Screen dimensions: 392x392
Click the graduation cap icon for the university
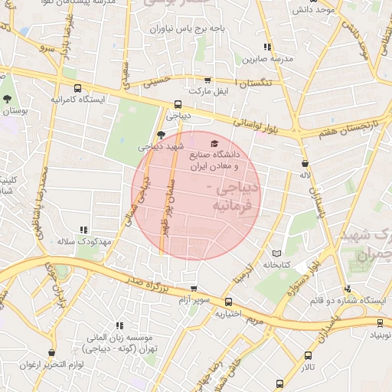213,143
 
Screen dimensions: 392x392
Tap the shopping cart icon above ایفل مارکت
207,80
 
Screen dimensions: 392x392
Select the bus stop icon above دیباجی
178,105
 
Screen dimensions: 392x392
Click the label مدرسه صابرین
264,58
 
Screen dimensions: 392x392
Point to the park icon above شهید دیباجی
160,134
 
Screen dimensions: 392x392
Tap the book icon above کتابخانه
276,253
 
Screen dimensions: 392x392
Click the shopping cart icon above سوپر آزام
194,289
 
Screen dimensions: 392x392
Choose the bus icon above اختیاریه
228,302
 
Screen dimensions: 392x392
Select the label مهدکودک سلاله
84,241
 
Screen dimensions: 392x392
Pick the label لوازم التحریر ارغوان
51,364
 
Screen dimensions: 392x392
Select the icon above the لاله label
305,163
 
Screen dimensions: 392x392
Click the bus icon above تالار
309,356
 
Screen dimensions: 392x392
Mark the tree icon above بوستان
8,99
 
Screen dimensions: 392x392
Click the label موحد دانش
314,11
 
